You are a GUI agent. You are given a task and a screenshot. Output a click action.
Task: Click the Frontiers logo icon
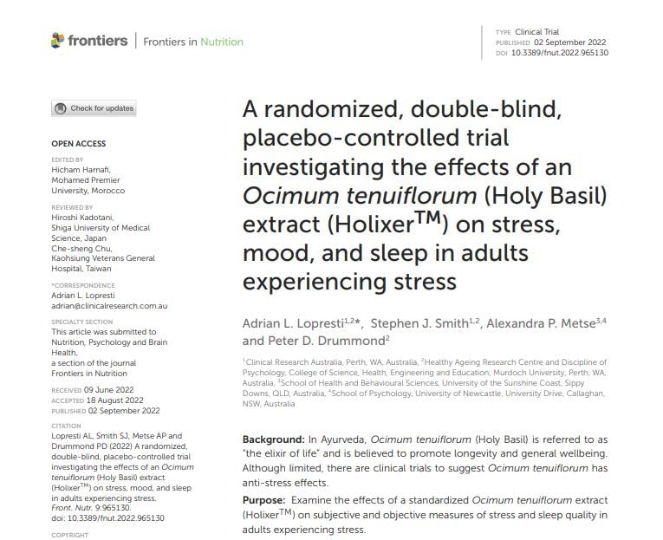click(x=58, y=41)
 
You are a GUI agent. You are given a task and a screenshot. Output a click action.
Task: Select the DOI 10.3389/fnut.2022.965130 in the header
click(x=571, y=53)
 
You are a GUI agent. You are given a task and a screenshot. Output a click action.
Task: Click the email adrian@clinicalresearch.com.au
click(x=109, y=306)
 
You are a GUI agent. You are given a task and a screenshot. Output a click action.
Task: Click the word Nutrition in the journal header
click(x=222, y=42)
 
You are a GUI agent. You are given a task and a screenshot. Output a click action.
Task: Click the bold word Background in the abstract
click(x=272, y=440)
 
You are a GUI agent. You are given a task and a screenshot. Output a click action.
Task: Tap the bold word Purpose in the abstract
click(x=263, y=500)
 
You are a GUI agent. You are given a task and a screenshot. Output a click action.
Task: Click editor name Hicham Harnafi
click(x=81, y=170)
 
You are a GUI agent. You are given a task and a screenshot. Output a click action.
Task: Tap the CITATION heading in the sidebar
click(x=68, y=426)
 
